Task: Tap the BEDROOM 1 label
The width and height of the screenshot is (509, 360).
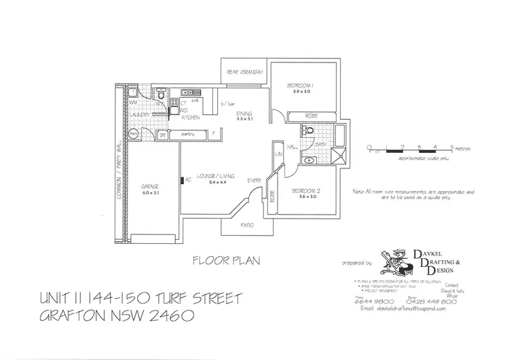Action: (299, 86)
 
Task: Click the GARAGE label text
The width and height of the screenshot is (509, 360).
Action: (149, 185)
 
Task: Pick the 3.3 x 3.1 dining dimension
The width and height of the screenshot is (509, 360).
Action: (244, 119)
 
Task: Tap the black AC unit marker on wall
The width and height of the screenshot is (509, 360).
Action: (182, 180)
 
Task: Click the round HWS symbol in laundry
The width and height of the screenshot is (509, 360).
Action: (134, 134)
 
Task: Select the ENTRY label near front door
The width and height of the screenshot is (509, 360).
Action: (254, 179)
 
